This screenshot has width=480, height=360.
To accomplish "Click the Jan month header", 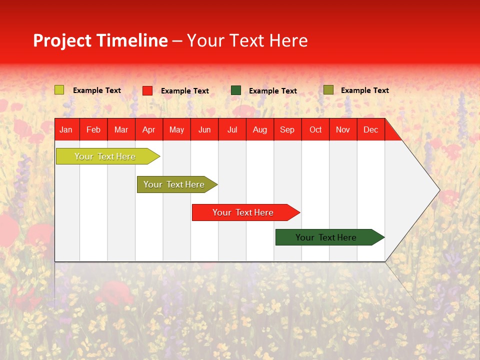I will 66,130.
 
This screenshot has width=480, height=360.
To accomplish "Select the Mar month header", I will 121,130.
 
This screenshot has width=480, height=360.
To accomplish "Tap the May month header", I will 176,130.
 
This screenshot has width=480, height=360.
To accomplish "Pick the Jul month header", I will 232,130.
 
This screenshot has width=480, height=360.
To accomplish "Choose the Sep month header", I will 287,130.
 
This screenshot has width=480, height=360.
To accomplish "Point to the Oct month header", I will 315,130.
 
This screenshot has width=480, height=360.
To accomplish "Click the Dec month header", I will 370,130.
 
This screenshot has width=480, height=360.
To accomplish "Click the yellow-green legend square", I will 59,90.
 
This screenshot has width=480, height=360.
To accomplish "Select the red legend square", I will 147,90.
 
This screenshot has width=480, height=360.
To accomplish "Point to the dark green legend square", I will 236,90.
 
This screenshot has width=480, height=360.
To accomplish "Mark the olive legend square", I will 328,90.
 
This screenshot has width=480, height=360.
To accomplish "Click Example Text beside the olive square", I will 364,90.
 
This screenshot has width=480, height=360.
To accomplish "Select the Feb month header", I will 93,130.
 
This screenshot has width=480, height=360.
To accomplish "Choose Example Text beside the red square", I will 184,91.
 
